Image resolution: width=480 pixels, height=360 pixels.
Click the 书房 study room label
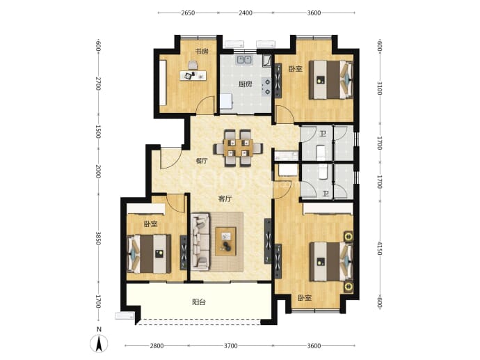(202, 51)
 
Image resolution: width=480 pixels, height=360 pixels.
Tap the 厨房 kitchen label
(245, 84)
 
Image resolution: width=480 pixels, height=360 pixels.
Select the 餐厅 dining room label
(202, 161)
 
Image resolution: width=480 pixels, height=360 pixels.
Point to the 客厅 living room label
(225, 199)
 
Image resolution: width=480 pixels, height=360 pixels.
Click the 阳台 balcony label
(199, 302)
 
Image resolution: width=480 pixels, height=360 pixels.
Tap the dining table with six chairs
(238, 148)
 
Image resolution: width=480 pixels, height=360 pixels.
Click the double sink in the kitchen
(244, 59)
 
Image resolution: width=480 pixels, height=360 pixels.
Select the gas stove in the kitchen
(266, 86)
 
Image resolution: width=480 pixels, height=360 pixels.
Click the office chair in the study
(193, 65)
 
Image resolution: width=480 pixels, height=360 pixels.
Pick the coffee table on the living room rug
(225, 242)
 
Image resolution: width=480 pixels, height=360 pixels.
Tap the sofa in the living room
(201, 242)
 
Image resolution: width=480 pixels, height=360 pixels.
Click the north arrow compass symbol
(99, 343)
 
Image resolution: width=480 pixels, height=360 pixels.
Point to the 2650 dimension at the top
(188, 13)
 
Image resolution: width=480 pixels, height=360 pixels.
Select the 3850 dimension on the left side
(98, 238)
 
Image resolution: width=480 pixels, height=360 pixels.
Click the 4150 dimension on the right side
(379, 248)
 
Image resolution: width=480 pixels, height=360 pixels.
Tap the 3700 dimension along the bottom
(230, 346)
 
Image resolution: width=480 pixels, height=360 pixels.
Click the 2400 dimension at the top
(246, 13)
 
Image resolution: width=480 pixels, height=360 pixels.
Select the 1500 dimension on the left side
(98, 131)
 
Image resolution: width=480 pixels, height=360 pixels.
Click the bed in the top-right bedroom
(330, 79)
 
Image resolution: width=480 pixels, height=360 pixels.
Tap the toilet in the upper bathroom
(321, 151)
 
